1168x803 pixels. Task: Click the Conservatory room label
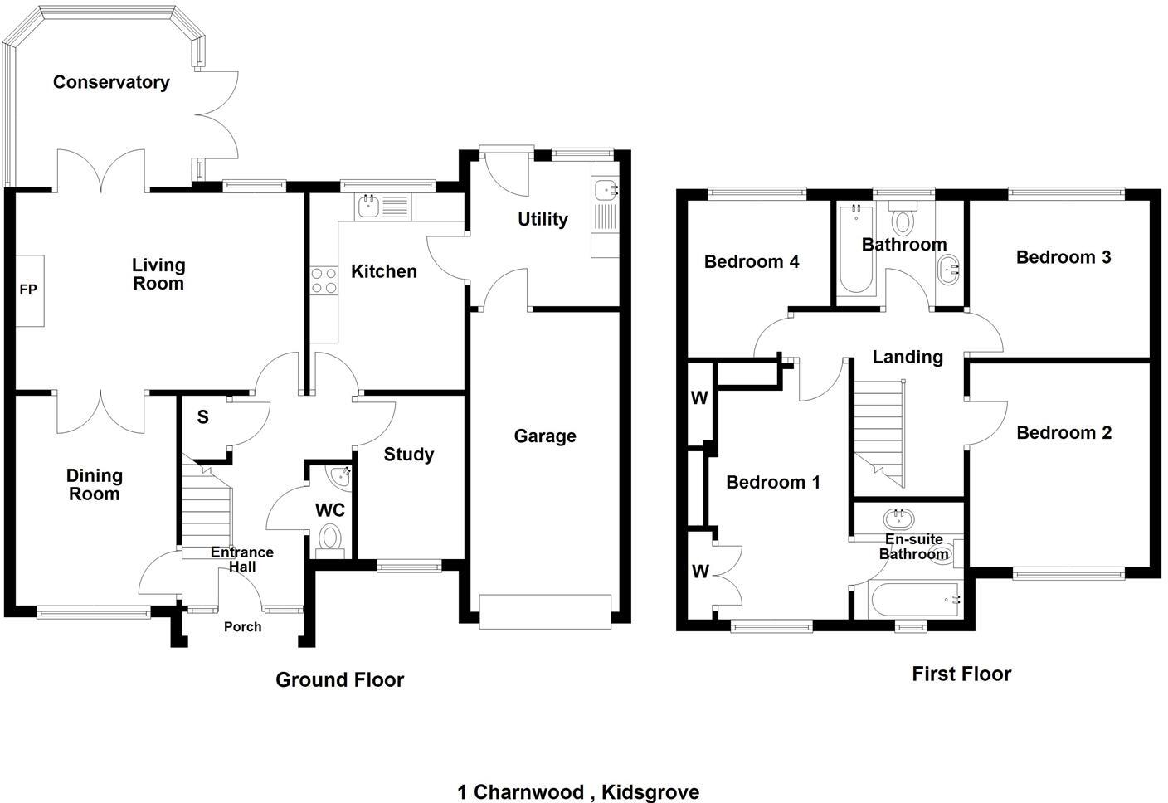(111, 82)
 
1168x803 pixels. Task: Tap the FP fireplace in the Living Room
(29, 290)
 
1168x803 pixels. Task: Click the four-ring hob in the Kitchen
(324, 280)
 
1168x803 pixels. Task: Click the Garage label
(544, 436)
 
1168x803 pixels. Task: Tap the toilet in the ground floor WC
(330, 538)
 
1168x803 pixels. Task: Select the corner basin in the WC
(340, 476)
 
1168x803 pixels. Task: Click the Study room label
(408, 455)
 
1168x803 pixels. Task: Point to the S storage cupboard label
(202, 418)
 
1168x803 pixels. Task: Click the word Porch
(242, 627)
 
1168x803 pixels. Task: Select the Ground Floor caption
(339, 680)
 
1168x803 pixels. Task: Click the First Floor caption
(961, 674)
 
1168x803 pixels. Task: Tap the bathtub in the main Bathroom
(855, 250)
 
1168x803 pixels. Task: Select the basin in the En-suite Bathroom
(897, 519)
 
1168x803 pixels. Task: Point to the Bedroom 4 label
(752, 262)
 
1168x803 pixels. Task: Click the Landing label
(908, 358)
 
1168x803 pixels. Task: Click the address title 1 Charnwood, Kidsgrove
(578, 792)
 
